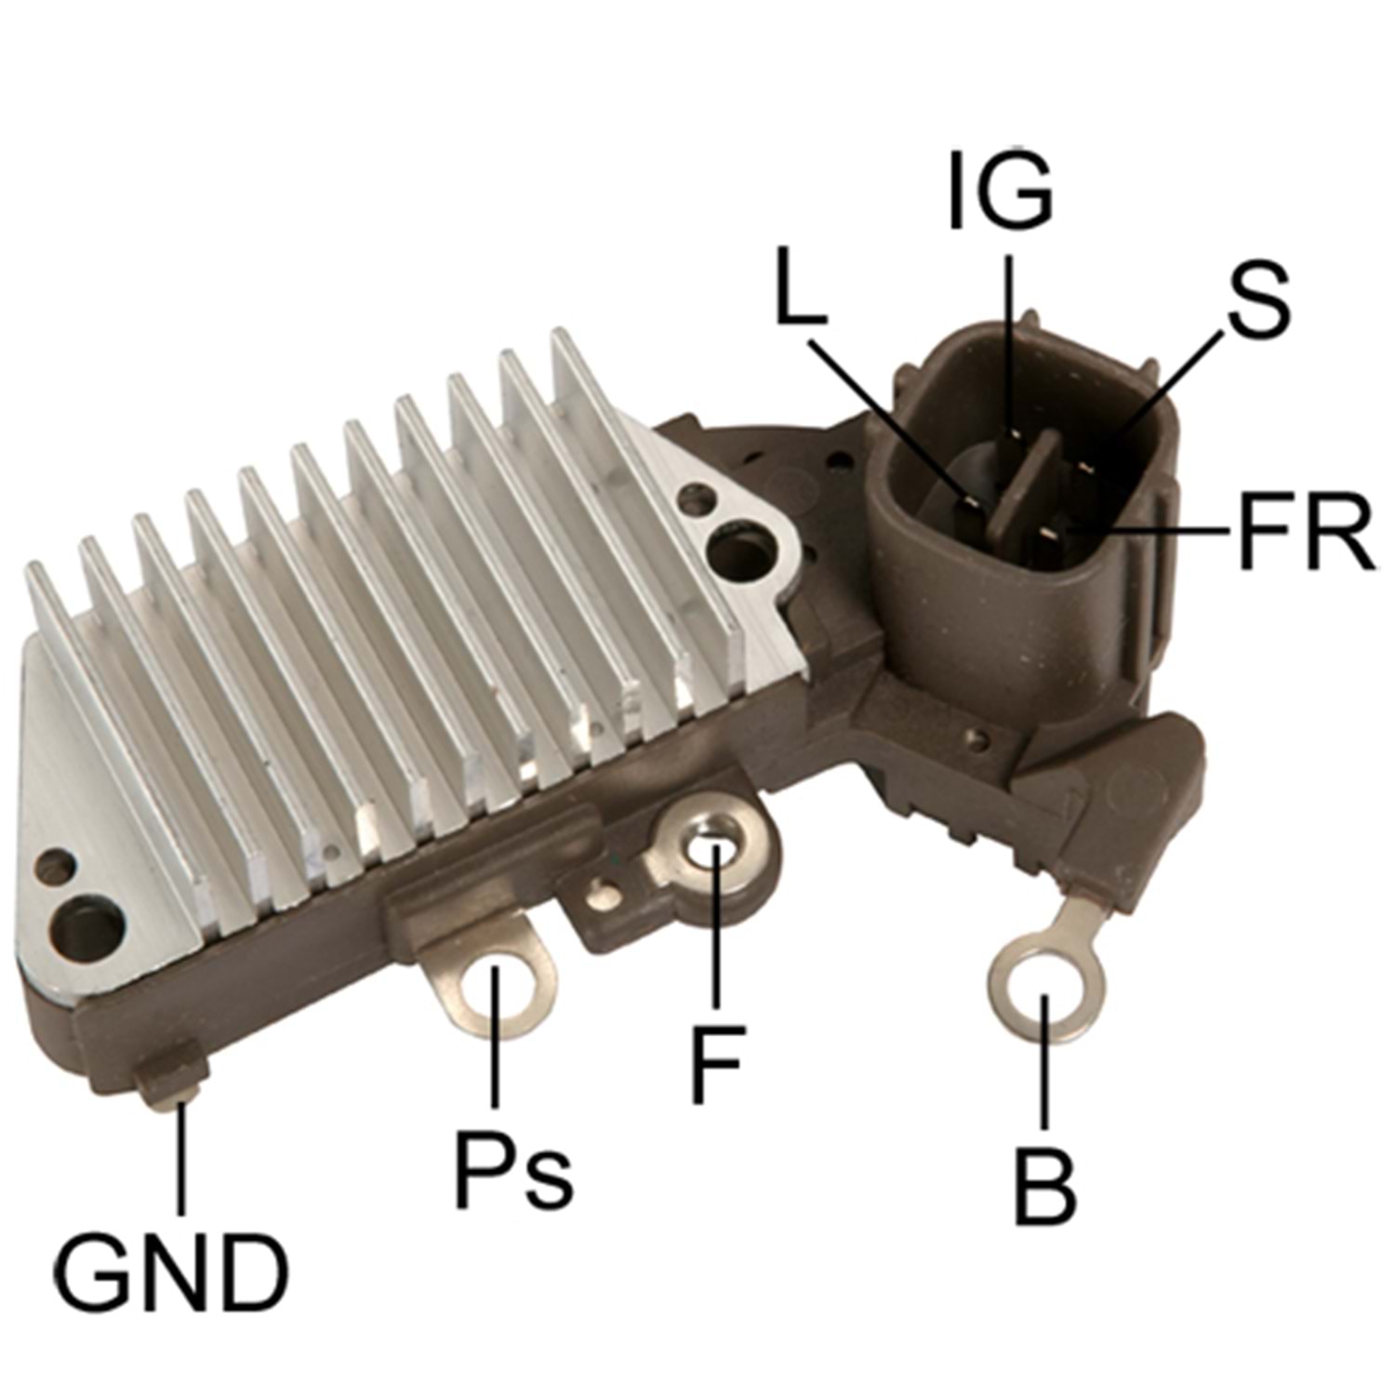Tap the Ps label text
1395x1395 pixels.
pos(512,1168)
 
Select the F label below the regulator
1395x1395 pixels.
pos(717,1064)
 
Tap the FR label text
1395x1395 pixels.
pos(1306,532)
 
